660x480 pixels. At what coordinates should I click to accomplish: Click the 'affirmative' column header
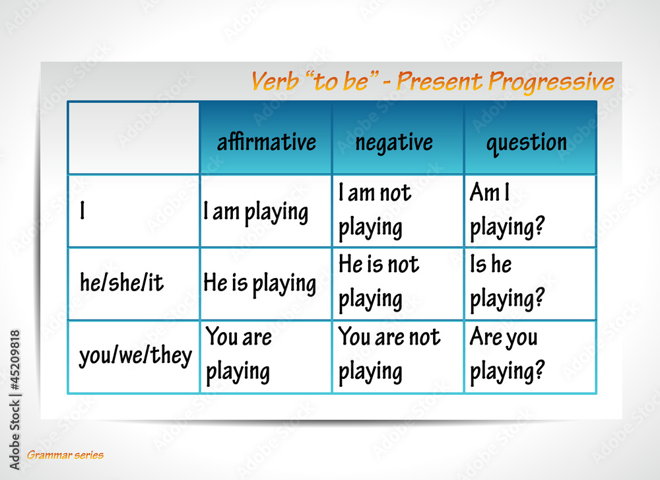[266, 142]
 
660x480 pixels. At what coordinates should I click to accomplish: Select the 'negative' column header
[394, 142]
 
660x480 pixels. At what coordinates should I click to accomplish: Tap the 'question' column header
[527, 142]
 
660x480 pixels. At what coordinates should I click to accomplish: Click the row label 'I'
[82, 212]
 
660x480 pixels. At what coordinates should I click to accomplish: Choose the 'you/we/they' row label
[135, 357]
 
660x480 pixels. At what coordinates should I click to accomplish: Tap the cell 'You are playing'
[238, 355]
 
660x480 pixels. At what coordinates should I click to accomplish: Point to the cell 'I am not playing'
[375, 211]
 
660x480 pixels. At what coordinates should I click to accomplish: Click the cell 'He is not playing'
[379, 282]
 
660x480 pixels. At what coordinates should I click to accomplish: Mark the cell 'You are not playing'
[389, 355]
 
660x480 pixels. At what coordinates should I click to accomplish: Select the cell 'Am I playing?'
[507, 211]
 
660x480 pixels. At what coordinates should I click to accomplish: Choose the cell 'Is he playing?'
[507, 282]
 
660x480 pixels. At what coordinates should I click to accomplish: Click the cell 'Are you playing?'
[507, 355]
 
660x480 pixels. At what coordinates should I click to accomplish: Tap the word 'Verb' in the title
[273, 82]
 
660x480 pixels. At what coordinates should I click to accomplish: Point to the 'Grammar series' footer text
[65, 455]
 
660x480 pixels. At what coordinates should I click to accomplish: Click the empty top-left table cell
[133, 138]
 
